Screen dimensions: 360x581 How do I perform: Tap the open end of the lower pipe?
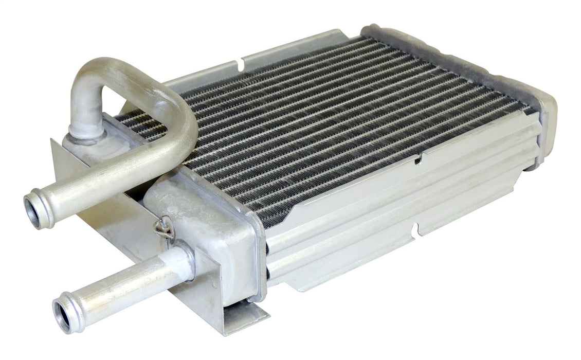click(63, 313)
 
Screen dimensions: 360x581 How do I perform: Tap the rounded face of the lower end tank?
click(216, 226)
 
